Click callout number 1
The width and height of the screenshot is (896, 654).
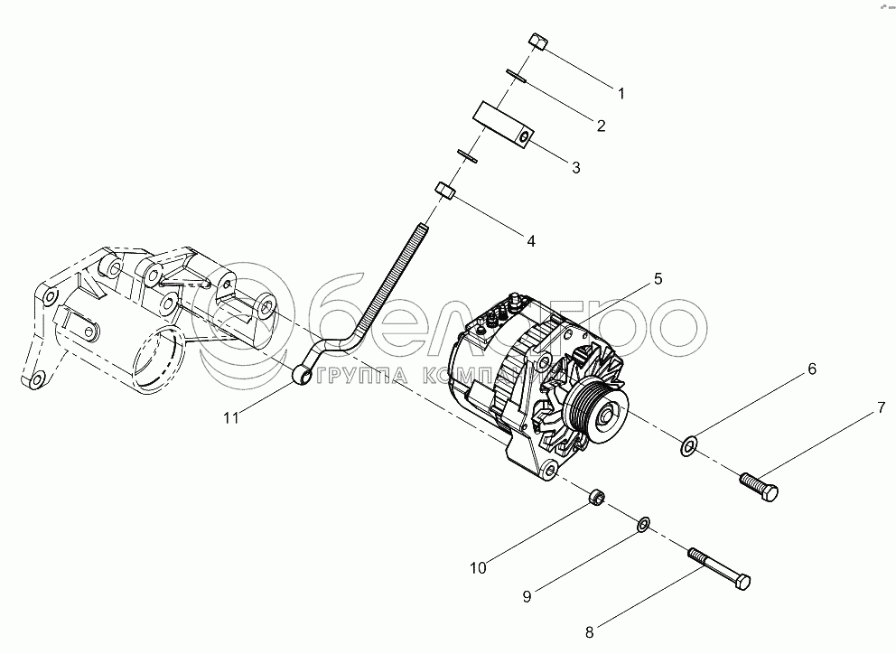pyautogui.click(x=621, y=92)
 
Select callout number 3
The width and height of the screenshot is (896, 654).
pyautogui.click(x=574, y=167)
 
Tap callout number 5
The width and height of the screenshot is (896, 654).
pyautogui.click(x=658, y=279)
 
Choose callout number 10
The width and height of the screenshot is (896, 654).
pyautogui.click(x=478, y=567)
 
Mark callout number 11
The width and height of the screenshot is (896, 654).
pyautogui.click(x=233, y=416)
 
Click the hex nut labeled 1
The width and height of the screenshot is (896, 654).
pyautogui.click(x=536, y=42)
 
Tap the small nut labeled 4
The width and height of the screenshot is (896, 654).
pyautogui.click(x=445, y=191)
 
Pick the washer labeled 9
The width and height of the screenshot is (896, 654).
pyautogui.click(x=643, y=523)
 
